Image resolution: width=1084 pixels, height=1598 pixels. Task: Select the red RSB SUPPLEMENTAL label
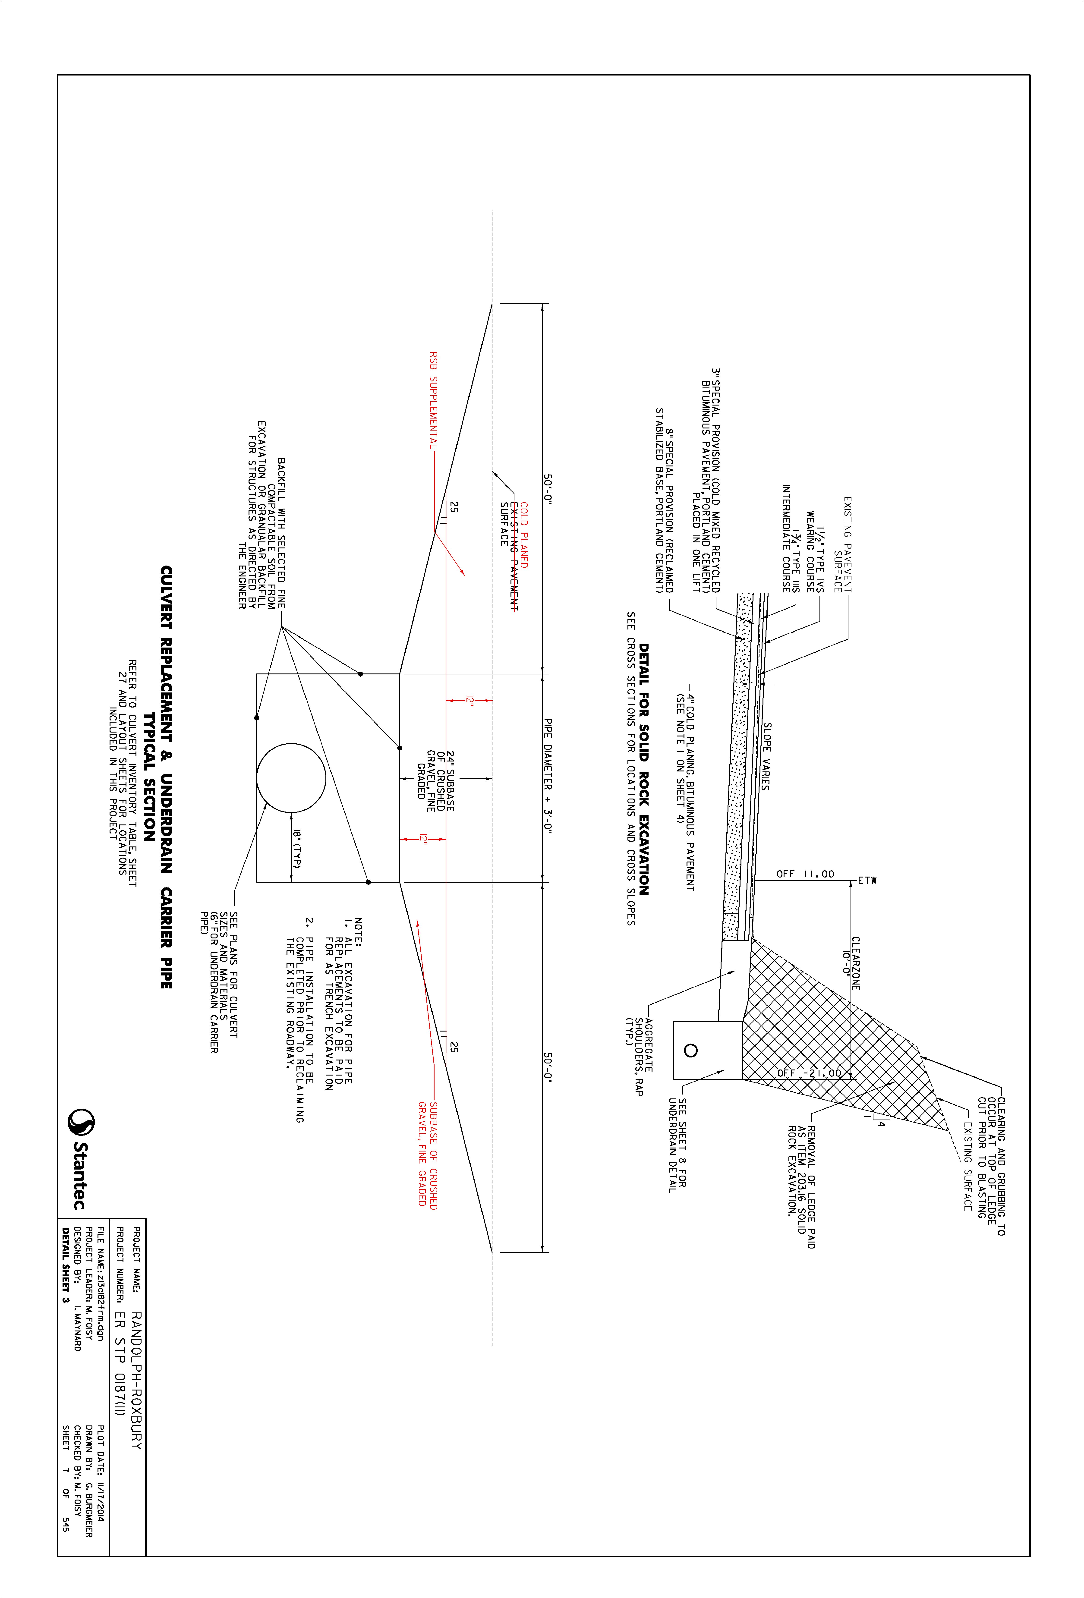click(433, 400)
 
